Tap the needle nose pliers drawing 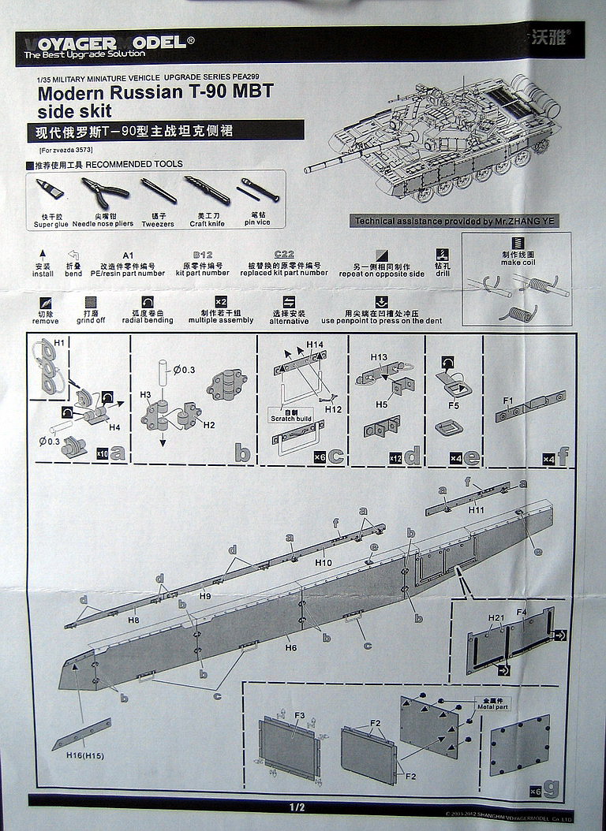[x=102, y=192]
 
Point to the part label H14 [x=315, y=345]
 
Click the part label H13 [x=379, y=357]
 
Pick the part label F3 [x=299, y=715]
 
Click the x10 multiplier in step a [x=102, y=454]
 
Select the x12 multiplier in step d [x=395, y=457]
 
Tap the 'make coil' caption [x=518, y=263]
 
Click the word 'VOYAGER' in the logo [x=69, y=43]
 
